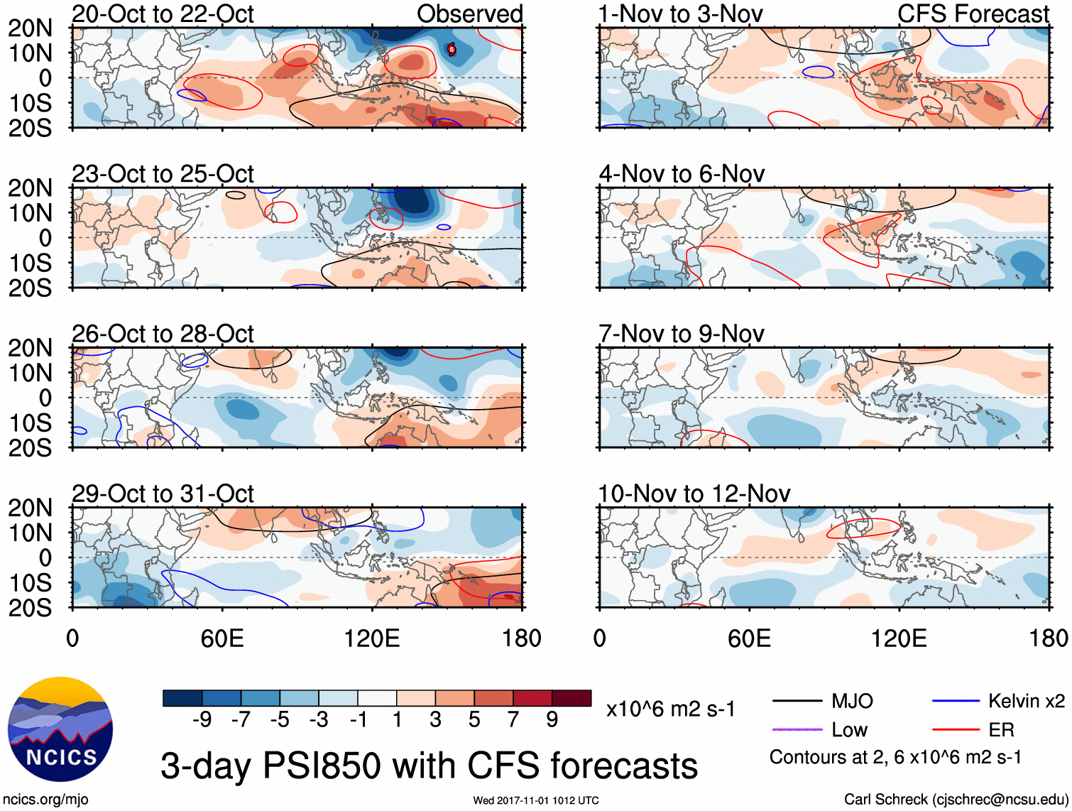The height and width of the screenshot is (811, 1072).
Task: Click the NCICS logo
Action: point(60,729)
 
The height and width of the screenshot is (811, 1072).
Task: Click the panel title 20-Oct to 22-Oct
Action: point(163,14)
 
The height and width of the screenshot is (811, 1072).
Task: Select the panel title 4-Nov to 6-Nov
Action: point(682,174)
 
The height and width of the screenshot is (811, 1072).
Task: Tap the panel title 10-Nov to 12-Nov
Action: point(694,494)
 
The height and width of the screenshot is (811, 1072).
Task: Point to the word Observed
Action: point(469,14)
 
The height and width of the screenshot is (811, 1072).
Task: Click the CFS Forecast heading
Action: point(973,14)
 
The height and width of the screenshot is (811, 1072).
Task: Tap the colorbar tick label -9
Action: point(202,720)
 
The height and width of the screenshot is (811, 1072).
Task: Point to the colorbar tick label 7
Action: point(513,720)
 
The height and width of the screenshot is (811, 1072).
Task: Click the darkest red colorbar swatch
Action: point(571,698)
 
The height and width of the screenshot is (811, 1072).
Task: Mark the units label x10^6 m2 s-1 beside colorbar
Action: point(670,709)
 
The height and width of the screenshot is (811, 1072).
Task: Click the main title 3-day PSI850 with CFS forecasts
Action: point(429,766)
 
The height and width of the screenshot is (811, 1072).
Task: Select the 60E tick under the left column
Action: point(222,638)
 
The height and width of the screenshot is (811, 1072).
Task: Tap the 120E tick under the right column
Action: point(899,638)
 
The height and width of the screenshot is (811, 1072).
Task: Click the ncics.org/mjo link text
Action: point(45,800)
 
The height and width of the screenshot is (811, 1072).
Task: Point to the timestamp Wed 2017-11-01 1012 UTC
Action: point(536,800)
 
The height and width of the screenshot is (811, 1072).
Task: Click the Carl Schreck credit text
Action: point(956,800)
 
